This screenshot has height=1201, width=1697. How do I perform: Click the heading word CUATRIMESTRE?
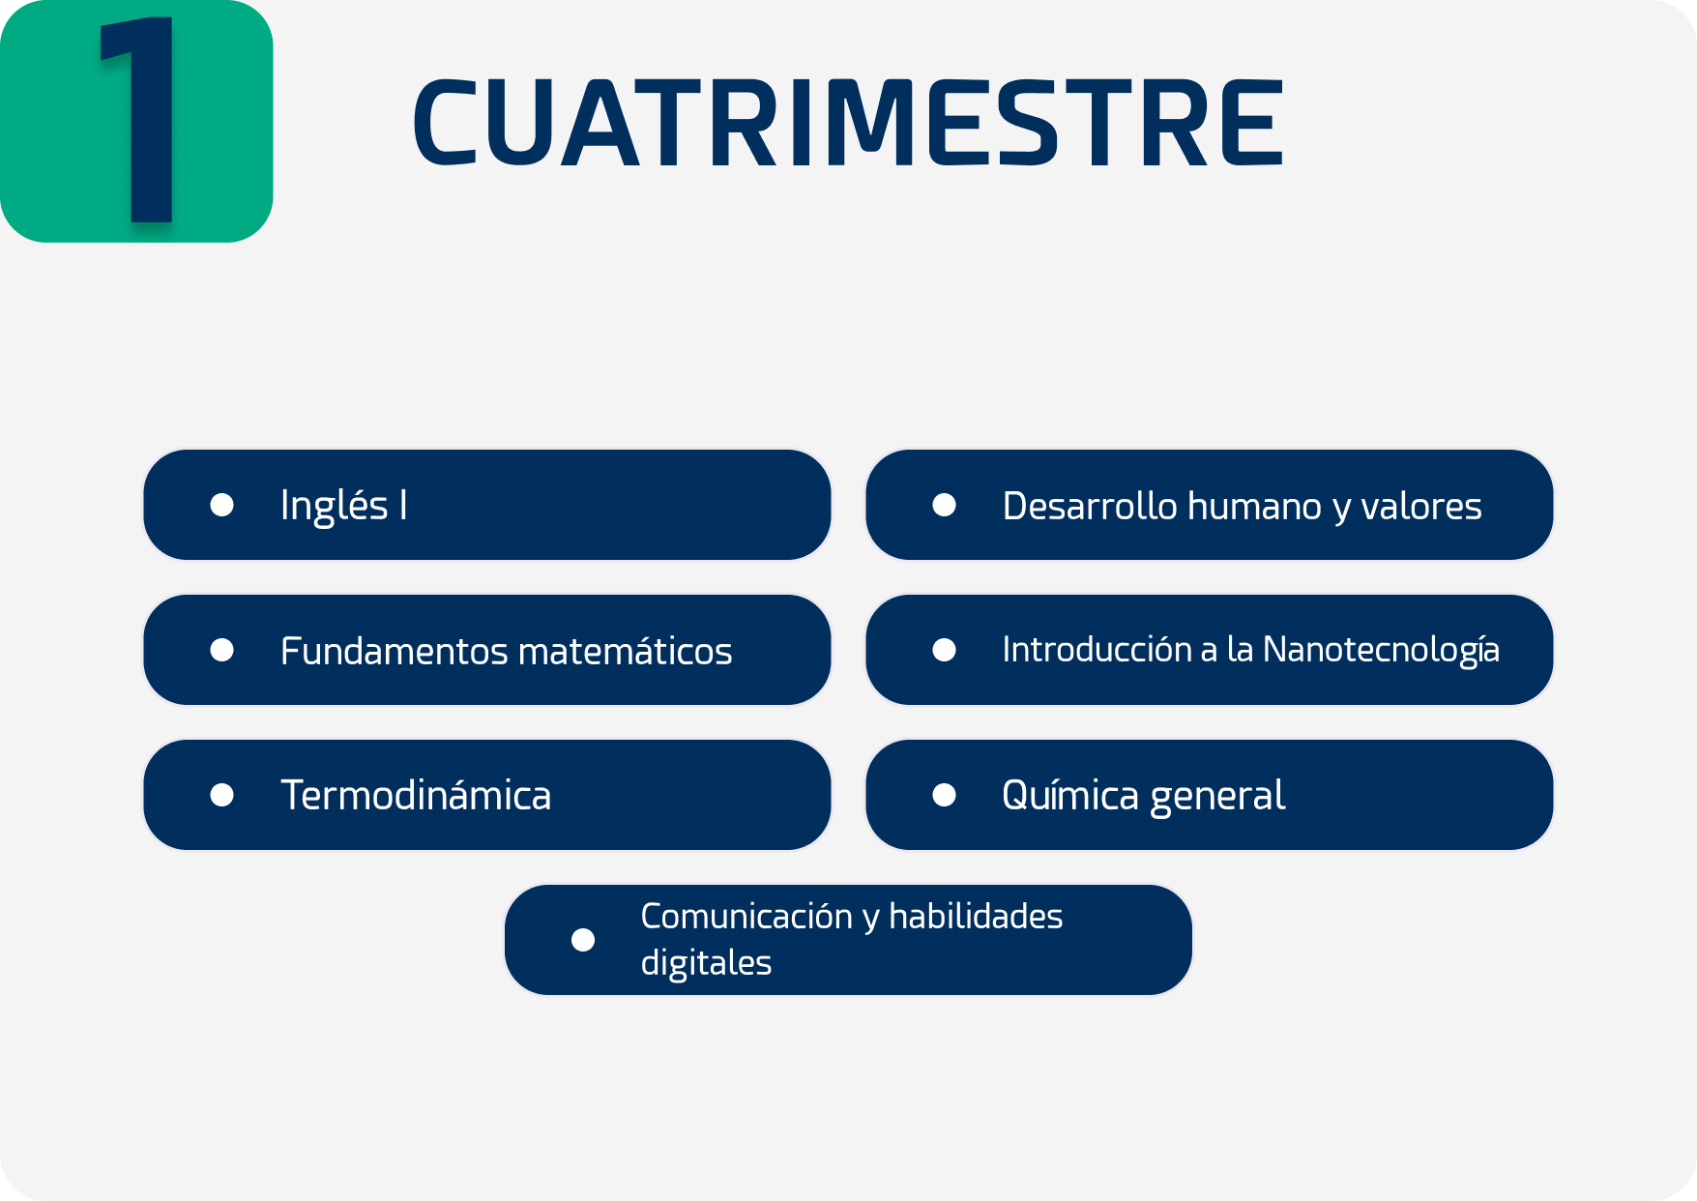[x=848, y=123]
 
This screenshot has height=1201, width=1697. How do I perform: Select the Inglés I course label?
[x=343, y=506]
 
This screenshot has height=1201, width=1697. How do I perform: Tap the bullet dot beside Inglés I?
[x=222, y=505]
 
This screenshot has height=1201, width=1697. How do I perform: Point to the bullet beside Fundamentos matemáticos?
[x=222, y=650]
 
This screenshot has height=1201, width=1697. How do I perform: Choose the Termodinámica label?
[x=416, y=795]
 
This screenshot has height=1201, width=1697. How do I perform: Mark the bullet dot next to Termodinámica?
[x=222, y=795]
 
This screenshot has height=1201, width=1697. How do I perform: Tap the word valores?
[x=1421, y=506]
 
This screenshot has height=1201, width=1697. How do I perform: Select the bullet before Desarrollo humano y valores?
[x=945, y=505]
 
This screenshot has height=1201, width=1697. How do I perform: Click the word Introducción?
[x=1097, y=649]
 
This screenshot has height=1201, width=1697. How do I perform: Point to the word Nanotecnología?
[x=1382, y=651]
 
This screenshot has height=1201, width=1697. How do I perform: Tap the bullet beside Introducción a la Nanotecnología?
[x=945, y=650]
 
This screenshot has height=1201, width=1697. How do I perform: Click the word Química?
[x=1070, y=795]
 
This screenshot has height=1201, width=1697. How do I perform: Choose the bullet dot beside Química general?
[x=945, y=795]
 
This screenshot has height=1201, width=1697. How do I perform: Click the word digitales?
[x=706, y=963]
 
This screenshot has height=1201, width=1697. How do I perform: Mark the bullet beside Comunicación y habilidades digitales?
[x=583, y=940]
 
